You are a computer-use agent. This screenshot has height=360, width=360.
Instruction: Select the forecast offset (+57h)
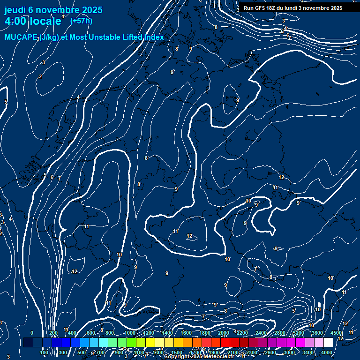click(81, 21)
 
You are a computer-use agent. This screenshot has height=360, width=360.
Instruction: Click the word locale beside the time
click(45, 21)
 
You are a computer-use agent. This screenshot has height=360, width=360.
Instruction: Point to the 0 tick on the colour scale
click(32, 333)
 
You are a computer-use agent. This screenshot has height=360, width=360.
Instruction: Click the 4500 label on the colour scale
click(336, 333)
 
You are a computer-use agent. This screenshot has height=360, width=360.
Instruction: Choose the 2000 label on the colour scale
click(224, 333)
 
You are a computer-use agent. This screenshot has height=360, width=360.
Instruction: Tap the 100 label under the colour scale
click(45, 352)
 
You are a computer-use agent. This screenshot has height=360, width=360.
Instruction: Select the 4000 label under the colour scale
click(327, 352)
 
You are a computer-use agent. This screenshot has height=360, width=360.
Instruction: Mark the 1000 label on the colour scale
click(130, 333)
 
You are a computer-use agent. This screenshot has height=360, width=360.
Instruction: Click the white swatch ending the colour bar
click(328, 343)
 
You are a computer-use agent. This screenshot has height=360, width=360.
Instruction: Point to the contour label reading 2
click(40, 76)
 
